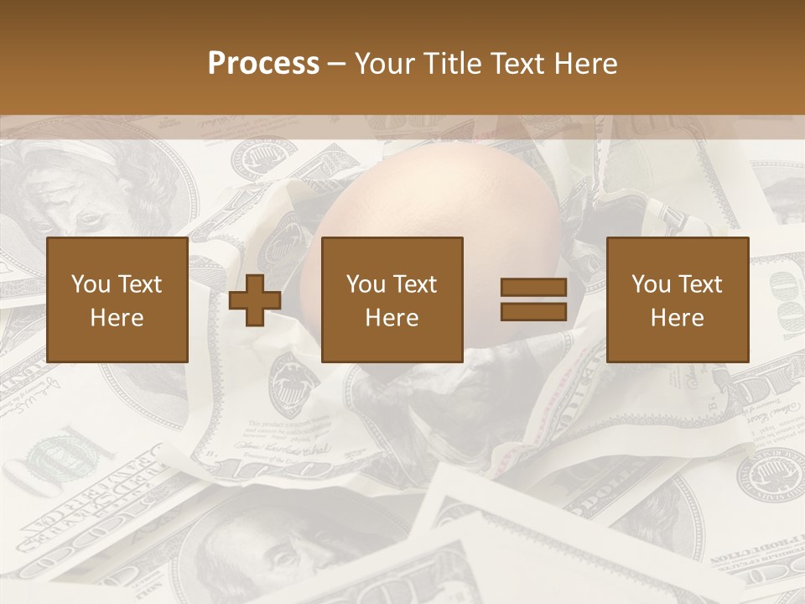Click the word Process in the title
263,64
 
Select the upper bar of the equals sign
533,288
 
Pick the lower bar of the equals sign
533,311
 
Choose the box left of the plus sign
117,300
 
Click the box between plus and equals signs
392,300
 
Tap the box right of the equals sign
678,300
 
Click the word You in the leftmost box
90,284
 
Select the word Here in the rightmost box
678,318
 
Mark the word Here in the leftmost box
117,318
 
